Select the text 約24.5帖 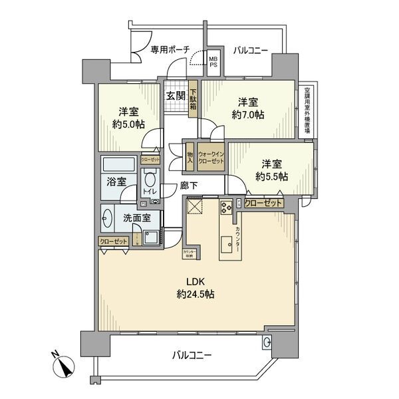tap(195, 294)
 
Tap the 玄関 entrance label tap(176, 96)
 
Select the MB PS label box tap(214, 61)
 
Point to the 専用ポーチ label tap(170, 49)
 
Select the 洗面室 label tap(136, 217)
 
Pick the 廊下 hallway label tap(190, 186)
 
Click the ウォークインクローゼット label tap(211, 158)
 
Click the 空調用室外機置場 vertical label tap(307, 110)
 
